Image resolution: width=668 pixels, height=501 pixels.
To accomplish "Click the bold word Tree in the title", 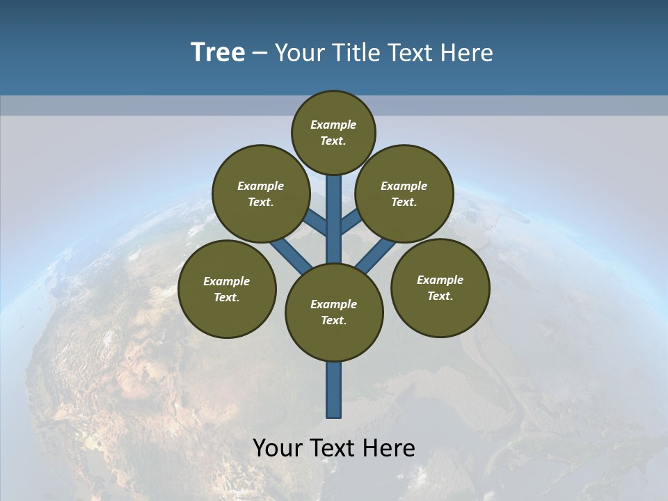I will coord(218,52).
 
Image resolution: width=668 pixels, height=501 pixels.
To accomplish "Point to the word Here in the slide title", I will coord(467,53).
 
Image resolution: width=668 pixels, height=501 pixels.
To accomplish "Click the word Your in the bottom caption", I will coord(278,447).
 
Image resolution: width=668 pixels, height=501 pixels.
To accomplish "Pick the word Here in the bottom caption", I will coord(389,447).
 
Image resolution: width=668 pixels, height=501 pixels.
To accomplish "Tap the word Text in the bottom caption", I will coord(333,447).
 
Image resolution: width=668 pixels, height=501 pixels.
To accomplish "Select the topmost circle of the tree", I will coord(333,132).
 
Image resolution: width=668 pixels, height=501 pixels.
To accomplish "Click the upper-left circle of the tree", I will coord(260,193).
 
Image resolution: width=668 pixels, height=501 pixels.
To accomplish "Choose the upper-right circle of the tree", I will coord(404,193).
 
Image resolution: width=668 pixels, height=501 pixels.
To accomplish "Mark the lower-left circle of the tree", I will coord(227,289).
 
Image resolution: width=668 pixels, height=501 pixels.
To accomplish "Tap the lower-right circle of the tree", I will coord(440,287).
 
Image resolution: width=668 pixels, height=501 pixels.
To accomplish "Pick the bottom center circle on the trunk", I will coord(334,312).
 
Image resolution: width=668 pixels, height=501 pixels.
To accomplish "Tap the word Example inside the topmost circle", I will coord(333,125).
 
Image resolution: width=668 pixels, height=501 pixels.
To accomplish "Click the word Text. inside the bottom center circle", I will coord(333,320).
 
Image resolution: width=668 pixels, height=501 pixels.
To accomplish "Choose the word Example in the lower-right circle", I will coord(440,280).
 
